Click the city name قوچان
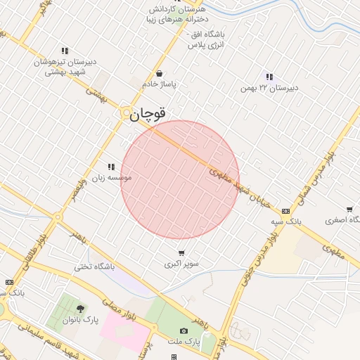(148, 113)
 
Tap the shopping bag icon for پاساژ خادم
(160, 73)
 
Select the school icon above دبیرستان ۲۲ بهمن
(269, 77)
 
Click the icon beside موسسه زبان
(110, 167)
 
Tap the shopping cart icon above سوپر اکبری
(181, 253)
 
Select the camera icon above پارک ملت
(184, 330)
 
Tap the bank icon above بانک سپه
(285, 210)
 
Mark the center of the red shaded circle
(180, 180)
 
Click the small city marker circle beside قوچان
(125, 112)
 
